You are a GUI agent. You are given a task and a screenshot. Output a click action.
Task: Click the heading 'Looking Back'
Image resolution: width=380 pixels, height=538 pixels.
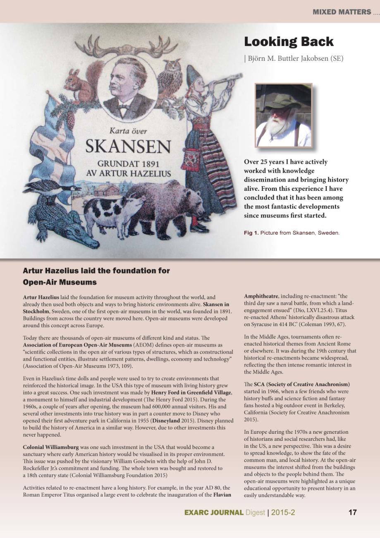click(x=288, y=42)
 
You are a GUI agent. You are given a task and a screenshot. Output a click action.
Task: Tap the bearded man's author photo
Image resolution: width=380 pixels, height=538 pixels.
click(x=283, y=115)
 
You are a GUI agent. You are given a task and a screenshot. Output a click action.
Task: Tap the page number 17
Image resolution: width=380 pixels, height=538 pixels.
click(x=352, y=512)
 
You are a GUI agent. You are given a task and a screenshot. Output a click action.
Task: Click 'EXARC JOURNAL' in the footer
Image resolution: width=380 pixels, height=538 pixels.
click(x=214, y=513)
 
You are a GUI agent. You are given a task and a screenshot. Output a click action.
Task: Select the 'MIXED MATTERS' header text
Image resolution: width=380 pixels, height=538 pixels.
click(x=342, y=12)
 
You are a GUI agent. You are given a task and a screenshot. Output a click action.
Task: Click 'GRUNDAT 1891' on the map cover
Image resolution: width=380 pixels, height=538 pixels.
click(x=128, y=164)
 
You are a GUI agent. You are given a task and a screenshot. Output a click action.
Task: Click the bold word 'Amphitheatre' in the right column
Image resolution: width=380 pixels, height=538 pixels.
click(x=261, y=297)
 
